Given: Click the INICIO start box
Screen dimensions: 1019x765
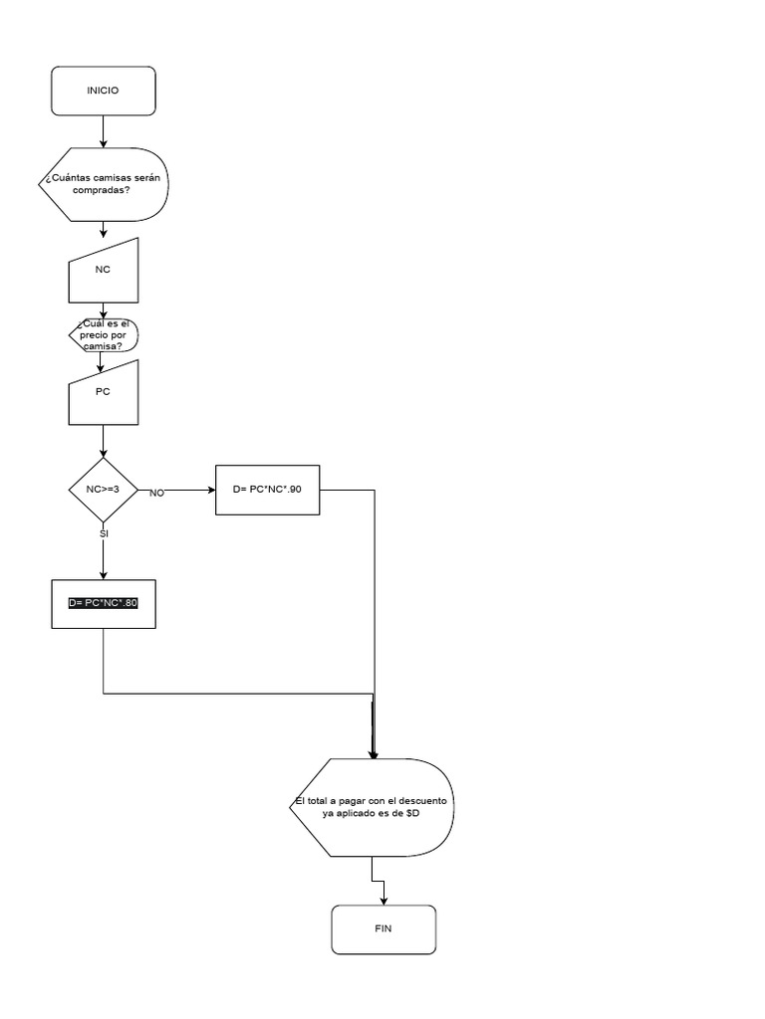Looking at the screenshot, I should coord(103,91).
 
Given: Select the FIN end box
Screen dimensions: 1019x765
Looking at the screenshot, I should coord(382,929).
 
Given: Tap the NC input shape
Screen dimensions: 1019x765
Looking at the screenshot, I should coord(103,271).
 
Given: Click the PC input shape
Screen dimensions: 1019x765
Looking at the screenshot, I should coord(103,392).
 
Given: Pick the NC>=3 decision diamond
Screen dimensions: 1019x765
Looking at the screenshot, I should coord(103,490).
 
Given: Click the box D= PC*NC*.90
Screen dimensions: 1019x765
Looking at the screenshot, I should coord(268,490).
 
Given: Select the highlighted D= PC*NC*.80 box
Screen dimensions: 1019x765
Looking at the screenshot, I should coord(103,603).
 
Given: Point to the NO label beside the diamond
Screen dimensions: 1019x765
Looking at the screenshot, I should coord(156,494).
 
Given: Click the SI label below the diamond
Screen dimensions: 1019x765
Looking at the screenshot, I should coord(104,533).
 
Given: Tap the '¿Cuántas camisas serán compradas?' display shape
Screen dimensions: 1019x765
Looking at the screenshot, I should coord(103,184).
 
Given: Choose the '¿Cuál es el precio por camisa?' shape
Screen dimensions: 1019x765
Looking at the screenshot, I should coord(103,334).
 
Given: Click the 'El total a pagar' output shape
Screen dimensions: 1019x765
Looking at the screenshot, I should coord(373,807).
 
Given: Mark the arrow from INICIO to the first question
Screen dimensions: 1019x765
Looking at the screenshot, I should coord(103,131).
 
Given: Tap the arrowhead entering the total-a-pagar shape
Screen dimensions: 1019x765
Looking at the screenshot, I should coord(373,754).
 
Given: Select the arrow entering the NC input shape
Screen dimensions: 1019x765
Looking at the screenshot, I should coord(103,230).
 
